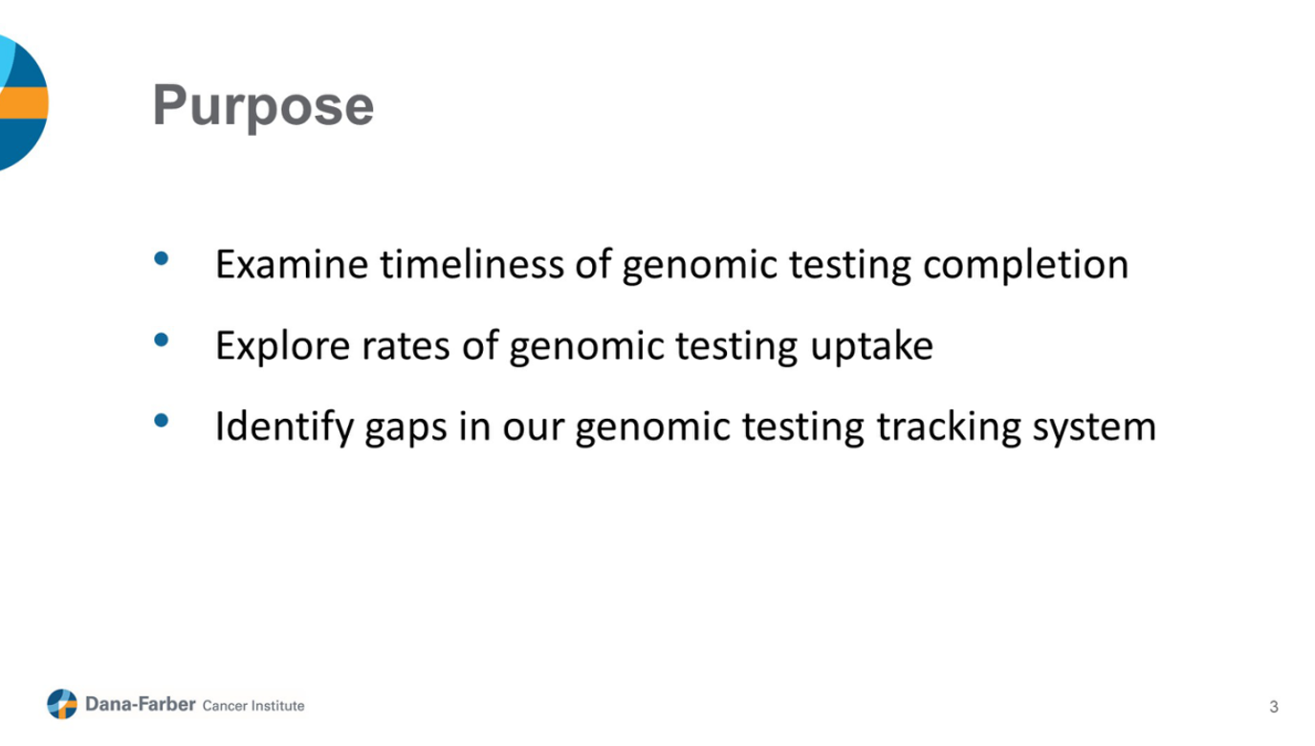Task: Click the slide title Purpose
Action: pos(263,106)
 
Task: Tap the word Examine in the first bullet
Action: pos(292,264)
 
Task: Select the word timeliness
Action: pos(472,264)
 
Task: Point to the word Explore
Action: pos(283,345)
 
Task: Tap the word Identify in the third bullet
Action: pos(284,428)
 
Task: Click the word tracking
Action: pos(950,428)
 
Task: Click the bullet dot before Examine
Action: pos(161,259)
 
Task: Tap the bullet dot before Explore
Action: pos(161,340)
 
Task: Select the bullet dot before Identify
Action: pos(161,420)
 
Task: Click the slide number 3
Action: pos(1273,707)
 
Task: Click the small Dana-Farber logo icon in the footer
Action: pos(62,704)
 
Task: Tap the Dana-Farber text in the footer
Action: pos(141,704)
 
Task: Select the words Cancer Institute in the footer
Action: pos(253,706)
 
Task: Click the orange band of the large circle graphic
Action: pos(24,102)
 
